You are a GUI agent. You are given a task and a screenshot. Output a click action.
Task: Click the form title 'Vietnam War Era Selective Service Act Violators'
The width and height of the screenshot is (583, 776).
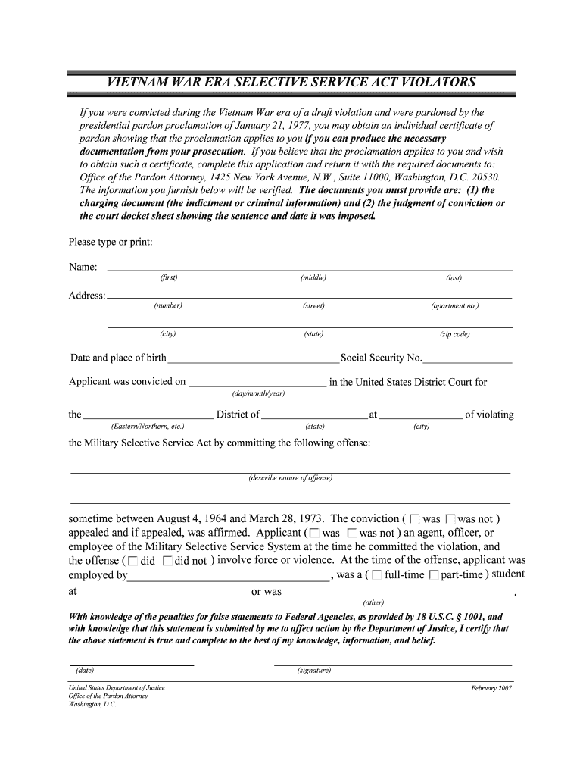click(291, 82)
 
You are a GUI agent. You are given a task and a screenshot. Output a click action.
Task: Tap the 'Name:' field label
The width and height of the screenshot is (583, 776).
click(83, 267)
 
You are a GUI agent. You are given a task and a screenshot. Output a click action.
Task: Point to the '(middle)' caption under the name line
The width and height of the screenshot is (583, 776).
click(313, 278)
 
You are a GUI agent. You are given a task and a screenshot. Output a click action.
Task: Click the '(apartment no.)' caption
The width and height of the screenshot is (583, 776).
click(454, 306)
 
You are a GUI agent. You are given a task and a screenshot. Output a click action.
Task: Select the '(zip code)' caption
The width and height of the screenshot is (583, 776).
click(454, 334)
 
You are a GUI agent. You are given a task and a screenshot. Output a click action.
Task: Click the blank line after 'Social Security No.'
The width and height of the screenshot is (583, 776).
click(467, 359)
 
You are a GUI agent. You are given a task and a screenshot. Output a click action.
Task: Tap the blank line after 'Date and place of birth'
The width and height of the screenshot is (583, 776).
click(253, 359)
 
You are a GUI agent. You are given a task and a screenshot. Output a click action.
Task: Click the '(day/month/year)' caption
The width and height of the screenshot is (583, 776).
click(258, 394)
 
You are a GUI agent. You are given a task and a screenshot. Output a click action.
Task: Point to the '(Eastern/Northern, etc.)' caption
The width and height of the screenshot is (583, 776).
click(148, 427)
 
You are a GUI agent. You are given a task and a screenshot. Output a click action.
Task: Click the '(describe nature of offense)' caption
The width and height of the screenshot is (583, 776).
click(290, 478)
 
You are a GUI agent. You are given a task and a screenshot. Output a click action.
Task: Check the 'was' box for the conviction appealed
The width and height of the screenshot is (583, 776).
click(415, 520)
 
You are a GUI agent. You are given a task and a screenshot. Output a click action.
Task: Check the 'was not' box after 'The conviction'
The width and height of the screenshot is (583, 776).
click(451, 520)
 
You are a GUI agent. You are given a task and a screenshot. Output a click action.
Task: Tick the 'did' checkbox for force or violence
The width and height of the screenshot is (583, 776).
click(133, 562)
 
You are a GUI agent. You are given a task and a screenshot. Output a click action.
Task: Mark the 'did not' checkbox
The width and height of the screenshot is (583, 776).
click(167, 562)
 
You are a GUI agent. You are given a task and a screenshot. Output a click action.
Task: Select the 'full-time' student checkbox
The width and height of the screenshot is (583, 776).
click(377, 575)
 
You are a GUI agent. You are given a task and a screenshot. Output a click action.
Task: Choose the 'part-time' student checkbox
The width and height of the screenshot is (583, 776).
click(433, 575)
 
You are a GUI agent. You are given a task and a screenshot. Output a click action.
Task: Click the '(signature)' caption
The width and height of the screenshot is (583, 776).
click(314, 671)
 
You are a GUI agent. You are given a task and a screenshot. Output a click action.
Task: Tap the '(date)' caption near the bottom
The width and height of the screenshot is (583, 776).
click(85, 671)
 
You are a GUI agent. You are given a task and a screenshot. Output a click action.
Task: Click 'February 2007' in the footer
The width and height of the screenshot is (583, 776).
click(491, 688)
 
